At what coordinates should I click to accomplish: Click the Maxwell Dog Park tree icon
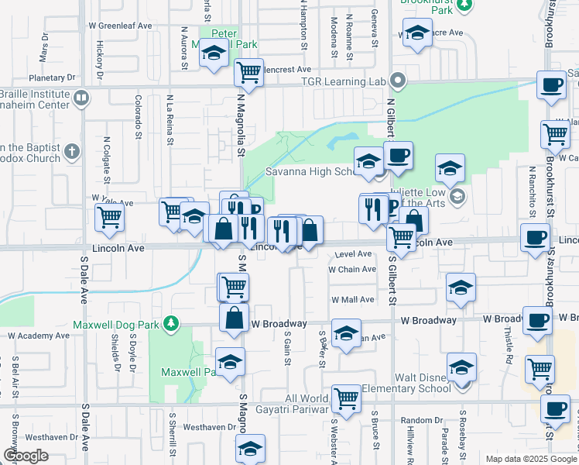click(177, 323)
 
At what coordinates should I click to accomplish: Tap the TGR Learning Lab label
click(349, 80)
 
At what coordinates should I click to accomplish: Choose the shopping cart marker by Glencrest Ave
click(248, 73)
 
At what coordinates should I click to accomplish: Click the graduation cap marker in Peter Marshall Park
click(214, 53)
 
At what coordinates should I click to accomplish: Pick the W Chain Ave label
click(352, 270)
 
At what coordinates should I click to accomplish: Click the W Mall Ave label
click(353, 299)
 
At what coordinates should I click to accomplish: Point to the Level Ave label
click(355, 253)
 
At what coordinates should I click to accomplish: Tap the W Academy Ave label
click(39, 336)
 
